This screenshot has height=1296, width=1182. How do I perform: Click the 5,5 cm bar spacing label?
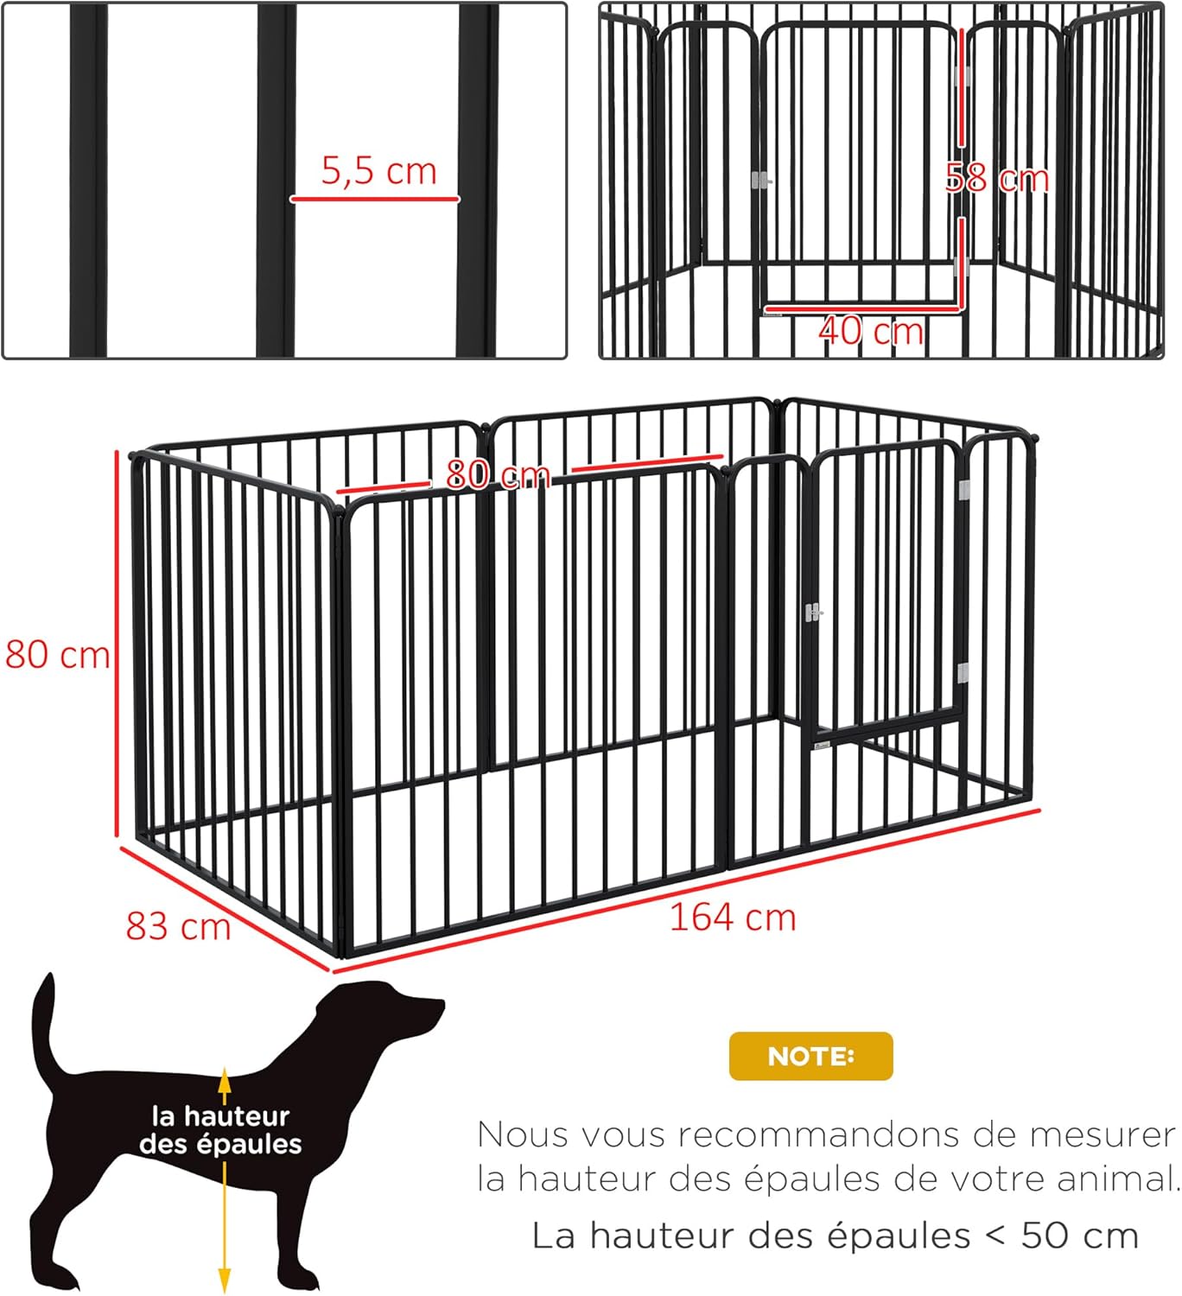(x=378, y=171)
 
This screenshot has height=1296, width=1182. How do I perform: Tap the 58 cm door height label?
(x=996, y=179)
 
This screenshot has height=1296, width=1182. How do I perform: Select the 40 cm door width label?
(x=870, y=331)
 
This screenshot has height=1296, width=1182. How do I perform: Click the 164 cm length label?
(x=733, y=918)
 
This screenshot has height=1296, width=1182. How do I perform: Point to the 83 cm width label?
(x=178, y=926)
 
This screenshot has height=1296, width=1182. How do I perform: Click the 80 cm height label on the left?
(x=57, y=654)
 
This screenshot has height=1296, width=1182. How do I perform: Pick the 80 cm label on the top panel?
(x=499, y=474)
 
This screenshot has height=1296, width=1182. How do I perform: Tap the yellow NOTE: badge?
(x=810, y=1056)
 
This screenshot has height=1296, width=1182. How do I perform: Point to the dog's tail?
(x=45, y=1028)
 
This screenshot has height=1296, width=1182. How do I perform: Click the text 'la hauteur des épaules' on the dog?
(x=220, y=1130)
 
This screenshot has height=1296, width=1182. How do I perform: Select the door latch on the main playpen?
(x=813, y=613)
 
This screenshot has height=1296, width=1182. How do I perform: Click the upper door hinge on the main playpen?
(x=963, y=490)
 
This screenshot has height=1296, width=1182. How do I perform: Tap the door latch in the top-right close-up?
(x=760, y=181)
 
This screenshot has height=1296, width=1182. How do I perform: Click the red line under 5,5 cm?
(x=374, y=199)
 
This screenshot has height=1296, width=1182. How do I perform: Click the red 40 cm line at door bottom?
(x=861, y=307)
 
